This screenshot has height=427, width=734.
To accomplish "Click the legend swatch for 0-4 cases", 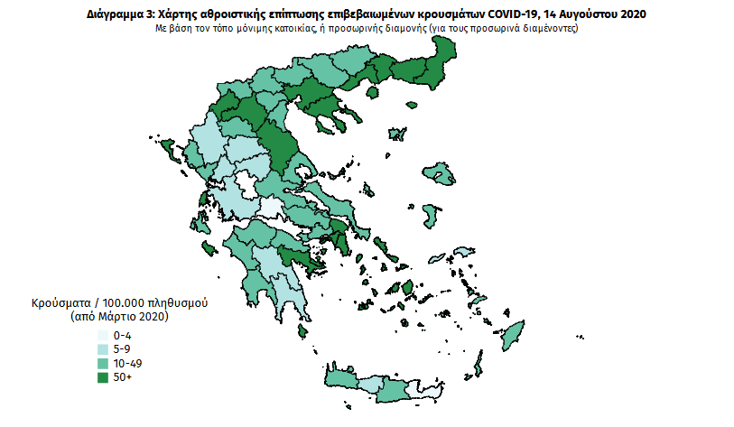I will coord(102,335).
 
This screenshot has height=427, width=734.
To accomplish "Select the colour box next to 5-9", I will coord(102,348).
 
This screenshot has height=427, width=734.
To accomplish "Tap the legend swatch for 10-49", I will coord(102,363).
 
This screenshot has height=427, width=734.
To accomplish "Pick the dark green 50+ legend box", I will coord(102,376).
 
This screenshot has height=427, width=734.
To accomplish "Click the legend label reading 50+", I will coord(123,376).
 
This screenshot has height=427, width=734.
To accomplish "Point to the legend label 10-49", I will coord(129,363).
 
